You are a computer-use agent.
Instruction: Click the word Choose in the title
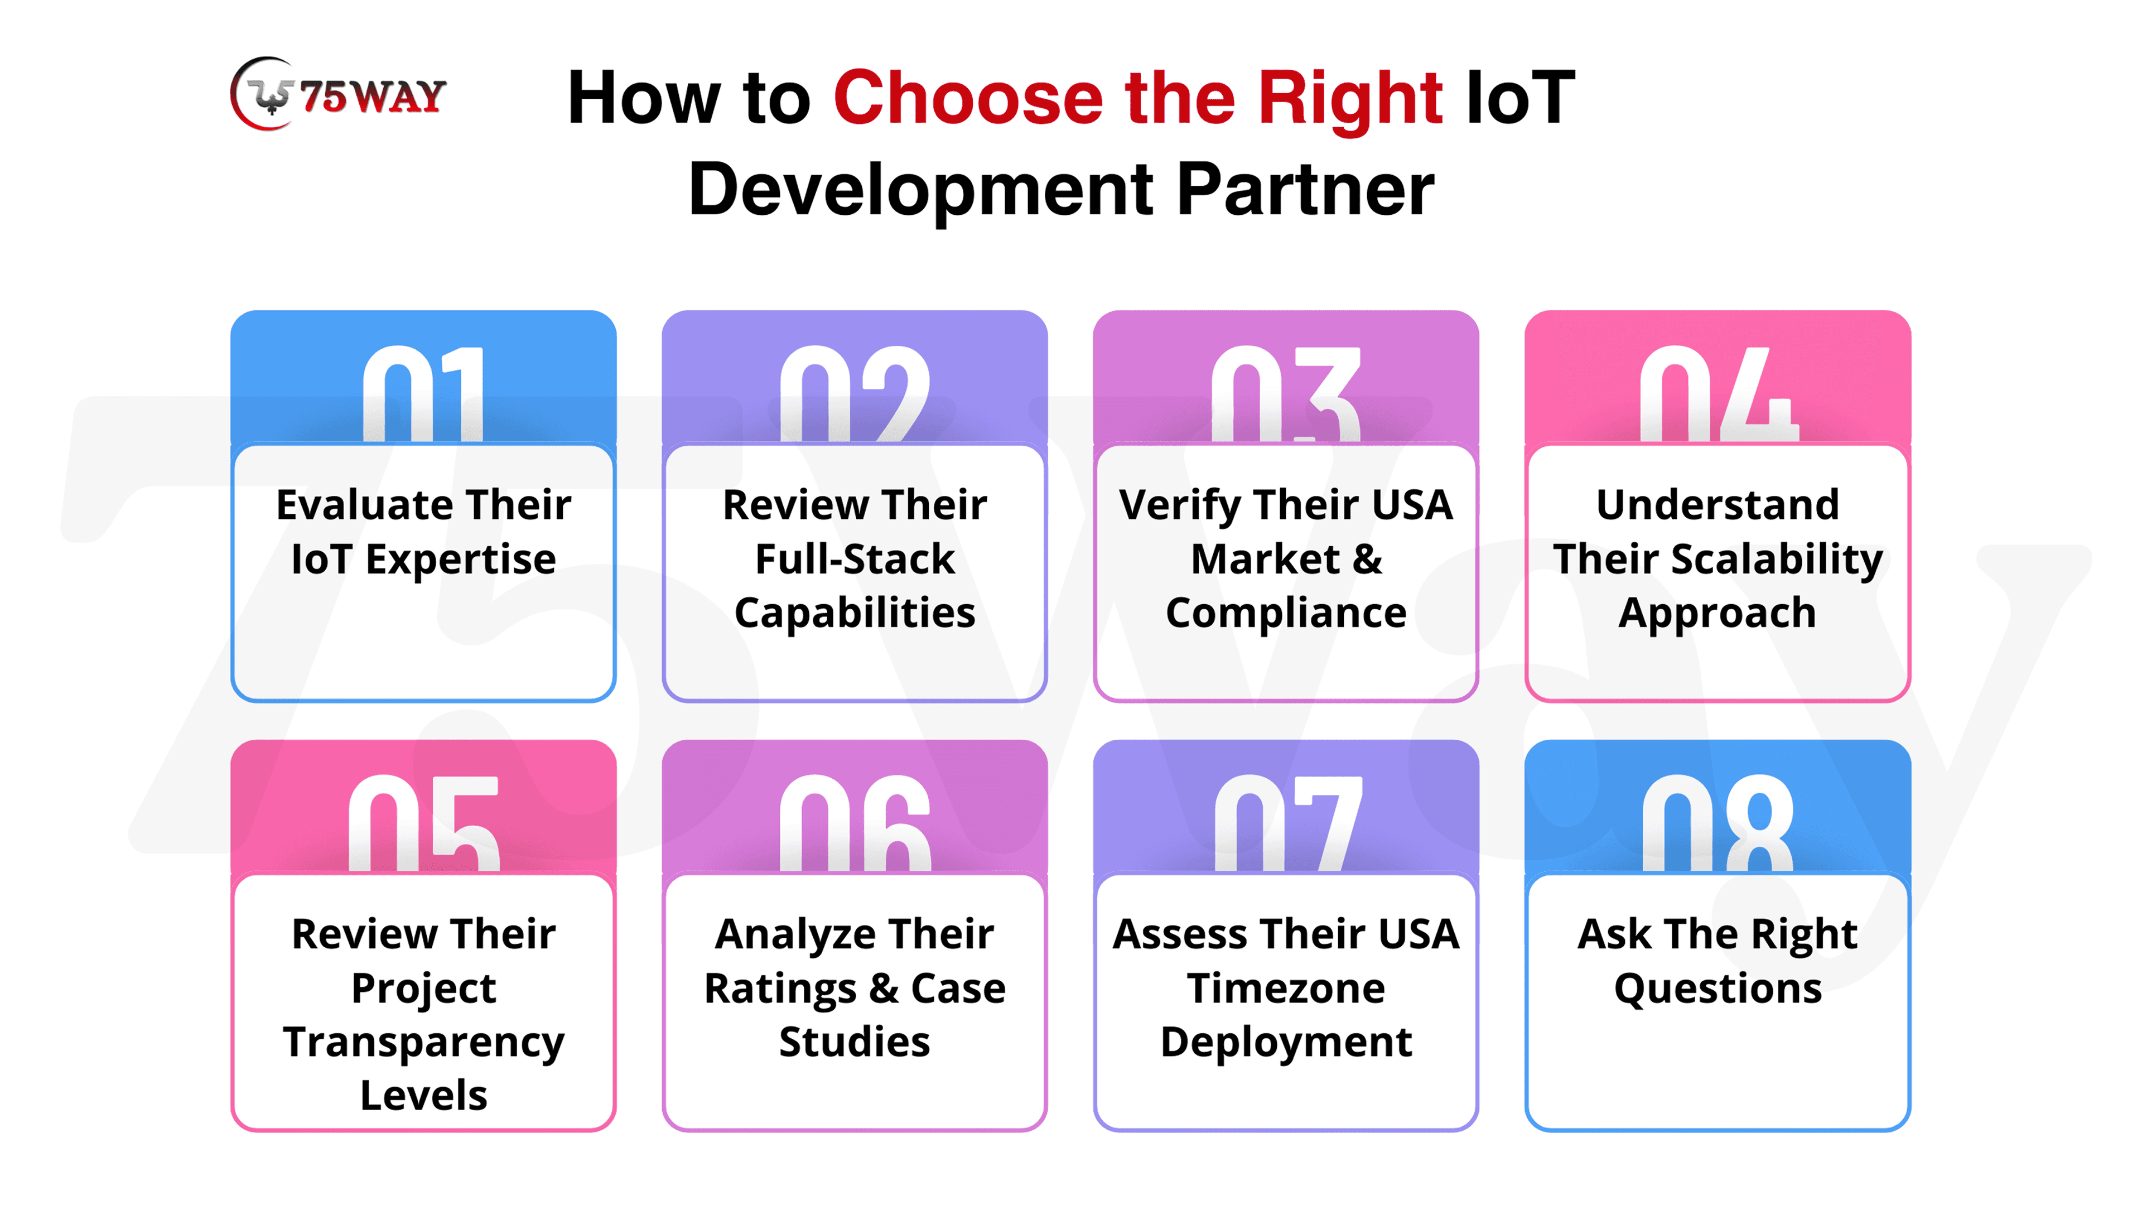click(968, 98)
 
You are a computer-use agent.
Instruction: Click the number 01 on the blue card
click(423, 393)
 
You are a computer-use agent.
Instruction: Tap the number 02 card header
click(855, 378)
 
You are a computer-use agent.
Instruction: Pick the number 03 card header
click(1286, 378)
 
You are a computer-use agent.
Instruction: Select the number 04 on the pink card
click(1718, 393)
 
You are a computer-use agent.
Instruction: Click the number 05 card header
click(423, 807)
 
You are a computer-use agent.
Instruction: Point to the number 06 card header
click(855, 807)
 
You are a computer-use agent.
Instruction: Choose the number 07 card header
click(1286, 807)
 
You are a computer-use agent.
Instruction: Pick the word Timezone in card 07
click(1286, 988)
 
